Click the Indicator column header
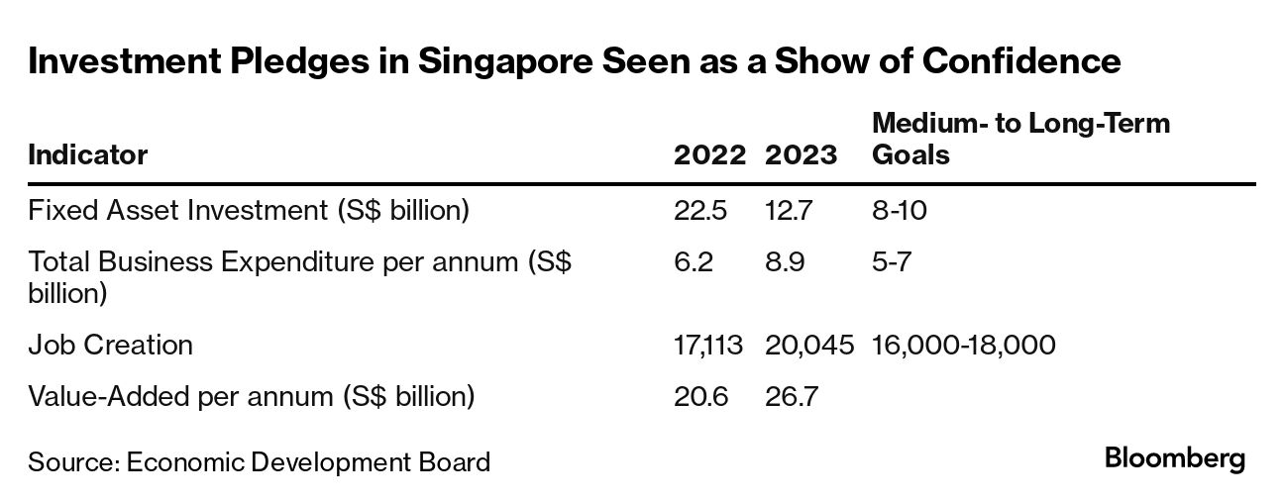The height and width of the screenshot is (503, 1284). pyautogui.click(x=88, y=155)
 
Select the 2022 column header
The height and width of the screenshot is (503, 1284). pyautogui.click(x=709, y=155)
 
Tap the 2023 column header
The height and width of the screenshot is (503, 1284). pyautogui.click(x=802, y=155)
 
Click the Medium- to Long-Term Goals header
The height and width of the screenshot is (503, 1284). pyautogui.click(x=1020, y=140)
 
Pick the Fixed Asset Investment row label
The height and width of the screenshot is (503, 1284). pyautogui.click(x=249, y=211)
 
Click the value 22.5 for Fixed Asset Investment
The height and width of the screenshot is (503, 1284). pyautogui.click(x=701, y=211)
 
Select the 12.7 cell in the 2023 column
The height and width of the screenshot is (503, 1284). pyautogui.click(x=791, y=211)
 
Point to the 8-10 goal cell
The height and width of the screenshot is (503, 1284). pyautogui.click(x=900, y=211)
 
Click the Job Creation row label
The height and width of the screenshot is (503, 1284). pyautogui.click(x=111, y=345)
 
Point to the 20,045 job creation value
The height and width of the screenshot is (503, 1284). pyautogui.click(x=809, y=345)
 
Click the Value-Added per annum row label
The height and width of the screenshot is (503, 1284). pyautogui.click(x=252, y=397)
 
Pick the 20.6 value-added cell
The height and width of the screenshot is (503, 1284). pyautogui.click(x=701, y=397)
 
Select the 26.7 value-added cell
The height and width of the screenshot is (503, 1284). pyautogui.click(x=793, y=397)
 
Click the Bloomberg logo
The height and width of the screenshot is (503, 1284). pyautogui.click(x=1175, y=460)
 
